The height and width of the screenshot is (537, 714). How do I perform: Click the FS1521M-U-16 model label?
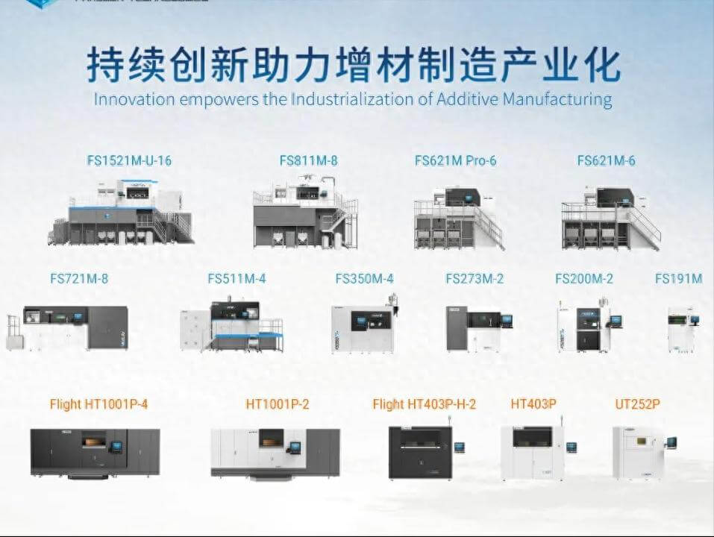point(128,160)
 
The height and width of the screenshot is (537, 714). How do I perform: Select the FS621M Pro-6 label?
point(455,160)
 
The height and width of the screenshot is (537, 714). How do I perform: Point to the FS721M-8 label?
point(79,279)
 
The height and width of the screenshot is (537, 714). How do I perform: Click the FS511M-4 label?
point(237,279)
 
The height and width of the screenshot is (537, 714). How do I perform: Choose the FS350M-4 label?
point(364,279)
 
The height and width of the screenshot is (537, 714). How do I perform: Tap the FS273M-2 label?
point(475,279)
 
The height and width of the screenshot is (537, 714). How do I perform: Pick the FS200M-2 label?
point(584,279)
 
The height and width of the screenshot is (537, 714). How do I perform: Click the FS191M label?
point(679,279)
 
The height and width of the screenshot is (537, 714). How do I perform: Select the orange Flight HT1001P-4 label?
point(98,404)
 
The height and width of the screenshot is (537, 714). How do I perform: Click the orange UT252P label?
point(637,404)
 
